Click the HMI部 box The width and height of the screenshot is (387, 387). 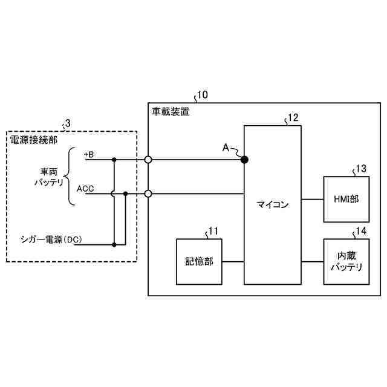pyautogui.click(x=346, y=199)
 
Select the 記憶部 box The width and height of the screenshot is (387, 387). pyautogui.click(x=198, y=262)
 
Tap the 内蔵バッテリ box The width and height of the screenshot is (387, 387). pyautogui.click(x=346, y=262)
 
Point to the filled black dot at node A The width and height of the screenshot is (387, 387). pyautogui.click(x=245, y=160)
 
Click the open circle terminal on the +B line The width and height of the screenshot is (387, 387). pyautogui.click(x=148, y=160)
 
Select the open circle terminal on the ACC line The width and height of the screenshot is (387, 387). pyautogui.click(x=148, y=194)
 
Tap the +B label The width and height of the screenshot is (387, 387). pyautogui.click(x=89, y=155)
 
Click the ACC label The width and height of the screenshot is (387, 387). pyautogui.click(x=85, y=189)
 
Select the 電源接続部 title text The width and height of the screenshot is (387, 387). pyautogui.click(x=35, y=140)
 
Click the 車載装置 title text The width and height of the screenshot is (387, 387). pyautogui.click(x=170, y=111)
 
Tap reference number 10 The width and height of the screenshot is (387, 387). pyautogui.click(x=203, y=94)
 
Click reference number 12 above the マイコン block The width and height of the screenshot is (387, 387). pyautogui.click(x=293, y=118)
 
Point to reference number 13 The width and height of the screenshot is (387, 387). pyautogui.click(x=360, y=169)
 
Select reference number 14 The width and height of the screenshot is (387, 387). pyautogui.click(x=360, y=231)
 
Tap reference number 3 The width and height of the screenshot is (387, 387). pyautogui.click(x=67, y=123)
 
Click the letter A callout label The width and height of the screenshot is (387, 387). pyautogui.click(x=226, y=147)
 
